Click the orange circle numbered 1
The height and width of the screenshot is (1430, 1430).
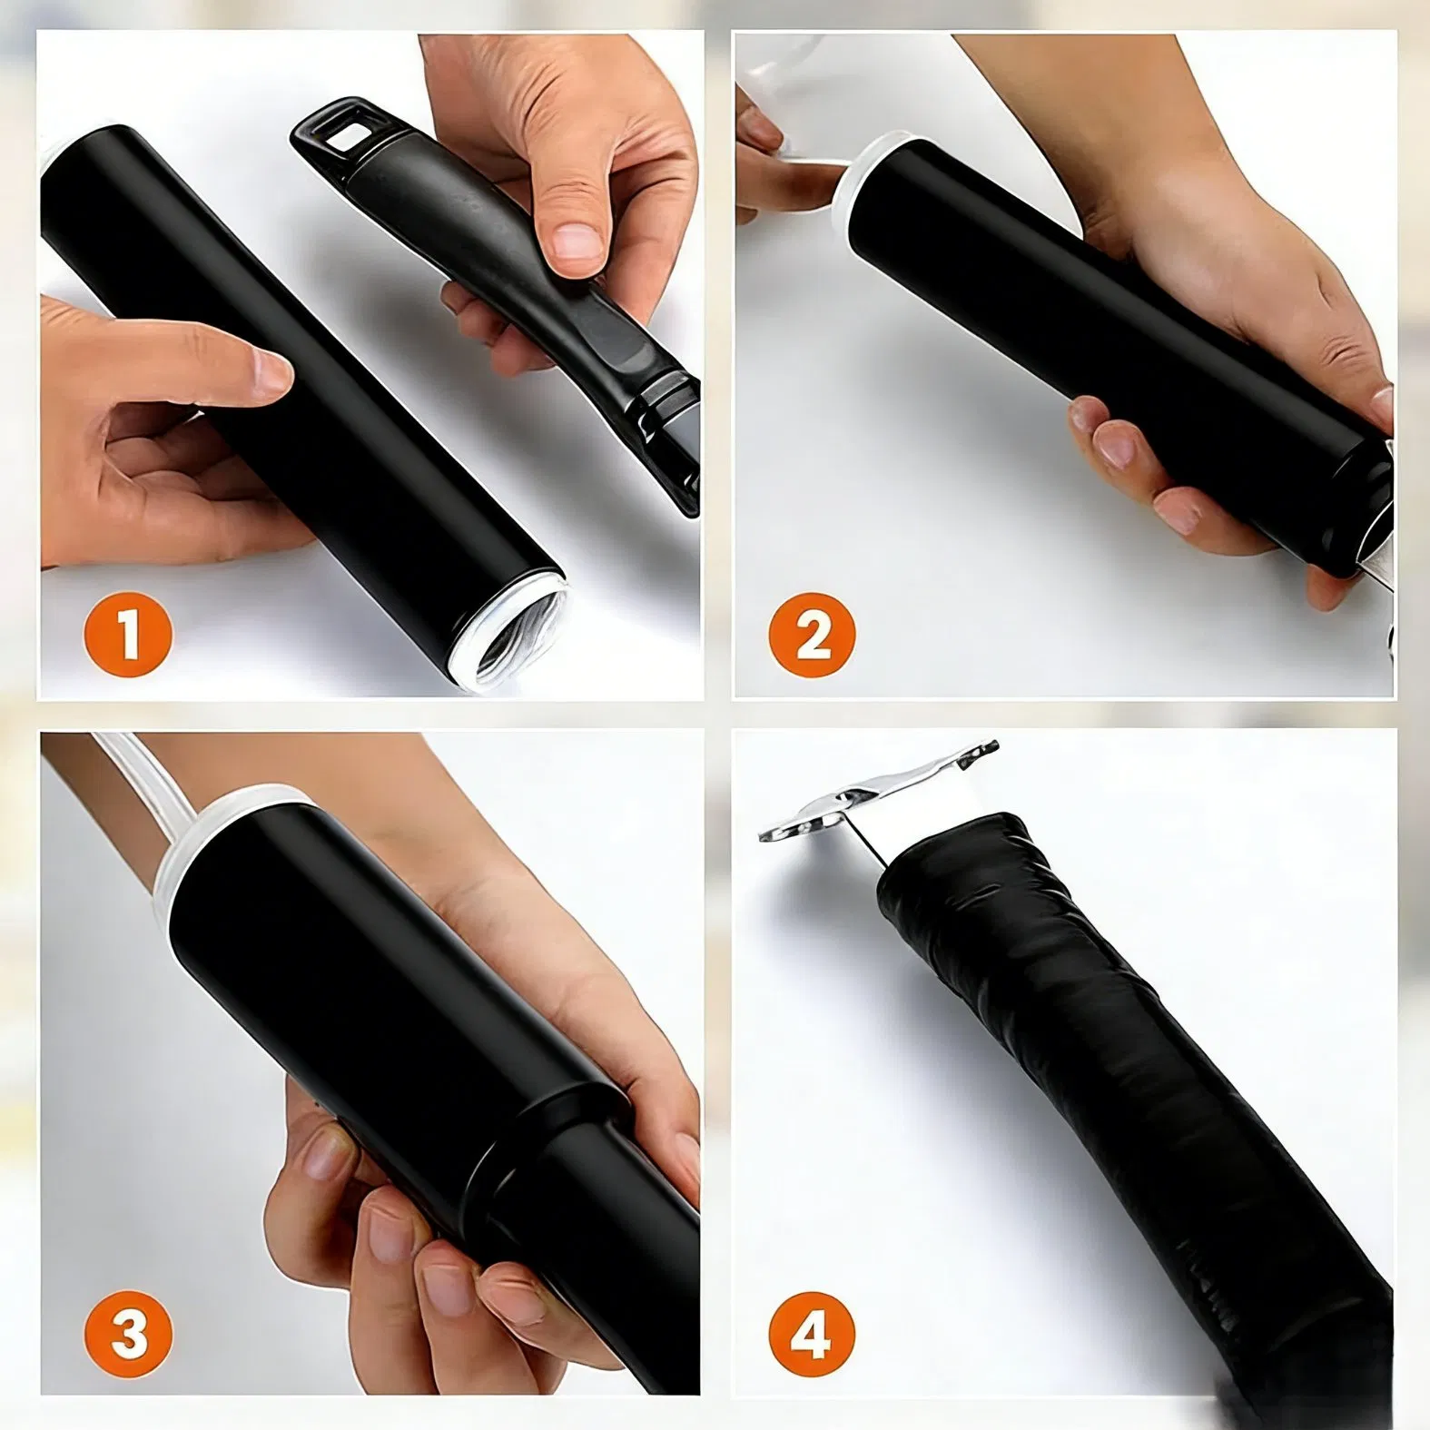(x=128, y=635)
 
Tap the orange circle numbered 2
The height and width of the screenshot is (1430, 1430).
(x=812, y=635)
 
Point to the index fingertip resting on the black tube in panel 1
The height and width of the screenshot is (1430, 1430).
(x=270, y=370)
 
